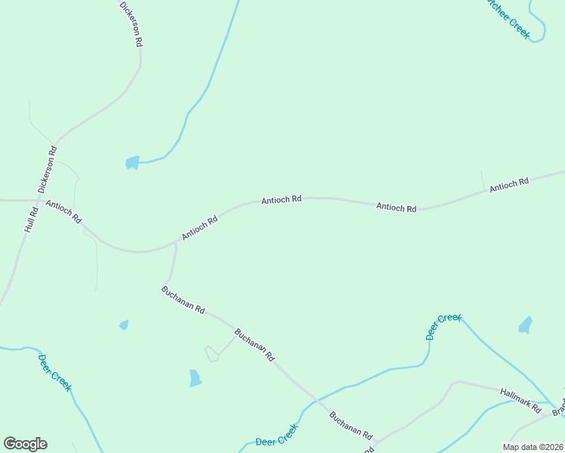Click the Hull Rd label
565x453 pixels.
click(31, 220)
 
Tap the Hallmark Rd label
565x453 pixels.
click(521, 400)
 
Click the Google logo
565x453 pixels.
click(25, 444)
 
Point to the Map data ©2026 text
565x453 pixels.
click(533, 447)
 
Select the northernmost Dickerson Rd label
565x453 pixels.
click(131, 25)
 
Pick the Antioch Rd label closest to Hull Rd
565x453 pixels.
click(63, 212)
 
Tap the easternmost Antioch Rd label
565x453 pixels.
click(509, 183)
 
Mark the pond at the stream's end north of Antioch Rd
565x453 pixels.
click(132, 162)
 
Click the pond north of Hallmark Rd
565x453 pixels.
click(525, 325)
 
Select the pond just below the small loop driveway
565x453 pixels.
click(195, 378)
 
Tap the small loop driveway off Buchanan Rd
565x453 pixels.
click(212, 353)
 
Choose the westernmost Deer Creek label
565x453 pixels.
click(55, 371)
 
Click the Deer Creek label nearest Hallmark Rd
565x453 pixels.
click(443, 327)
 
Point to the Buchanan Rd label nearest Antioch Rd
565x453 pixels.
click(184, 299)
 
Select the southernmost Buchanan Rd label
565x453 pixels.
click(351, 425)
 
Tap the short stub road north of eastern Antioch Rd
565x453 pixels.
click(482, 180)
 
